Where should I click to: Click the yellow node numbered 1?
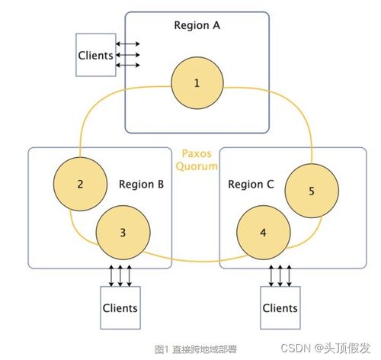[197, 83]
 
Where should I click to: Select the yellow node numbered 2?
[80, 184]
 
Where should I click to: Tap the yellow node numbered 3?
[123, 233]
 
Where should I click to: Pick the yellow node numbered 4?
[264, 233]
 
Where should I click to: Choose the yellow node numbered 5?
[312, 191]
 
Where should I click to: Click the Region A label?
[197, 25]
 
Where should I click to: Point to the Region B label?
[142, 185]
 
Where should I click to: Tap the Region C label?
[251, 185]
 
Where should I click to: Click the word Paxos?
[197, 153]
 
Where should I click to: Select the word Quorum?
[197, 166]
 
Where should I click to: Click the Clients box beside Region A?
[96, 55]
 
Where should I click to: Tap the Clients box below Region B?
[120, 307]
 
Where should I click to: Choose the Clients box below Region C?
[280, 307]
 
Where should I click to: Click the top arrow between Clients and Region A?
[128, 43]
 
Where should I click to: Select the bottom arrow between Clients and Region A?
[128, 65]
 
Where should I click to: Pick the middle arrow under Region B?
[120, 275]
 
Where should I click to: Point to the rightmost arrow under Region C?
[289, 275]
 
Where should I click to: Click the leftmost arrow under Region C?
[271, 275]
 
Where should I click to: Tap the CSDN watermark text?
[325, 348]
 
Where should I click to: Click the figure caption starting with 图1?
[196, 349]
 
